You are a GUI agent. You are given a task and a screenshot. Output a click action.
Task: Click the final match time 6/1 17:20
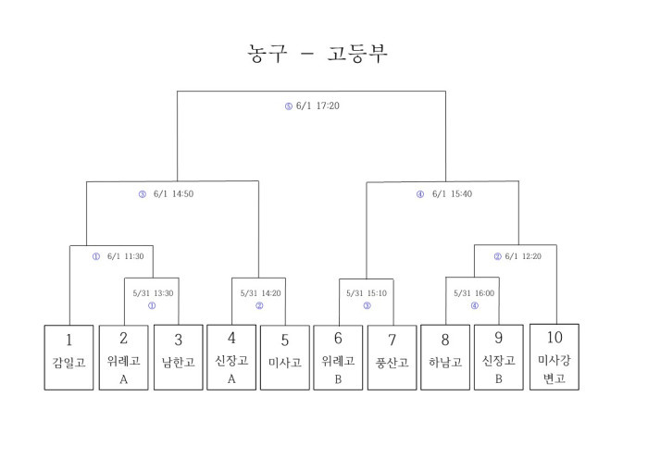[318, 106]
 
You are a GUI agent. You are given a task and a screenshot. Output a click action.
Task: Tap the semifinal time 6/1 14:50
[173, 194]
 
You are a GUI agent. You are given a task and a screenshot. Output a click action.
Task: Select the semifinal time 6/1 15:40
[452, 194]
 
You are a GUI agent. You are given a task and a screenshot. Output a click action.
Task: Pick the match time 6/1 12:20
[524, 256]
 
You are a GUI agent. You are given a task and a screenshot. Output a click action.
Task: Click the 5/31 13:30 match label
[151, 292]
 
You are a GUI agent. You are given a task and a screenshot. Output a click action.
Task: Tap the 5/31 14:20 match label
[259, 292]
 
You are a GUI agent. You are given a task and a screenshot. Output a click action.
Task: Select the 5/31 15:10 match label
[367, 292]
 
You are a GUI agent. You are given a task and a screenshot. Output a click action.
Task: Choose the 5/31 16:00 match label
[474, 292]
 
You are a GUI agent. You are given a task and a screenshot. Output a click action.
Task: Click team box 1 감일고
[69, 356]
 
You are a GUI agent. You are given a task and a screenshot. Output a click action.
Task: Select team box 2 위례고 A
[123, 356]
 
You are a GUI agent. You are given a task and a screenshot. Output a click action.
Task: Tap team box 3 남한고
[177, 356]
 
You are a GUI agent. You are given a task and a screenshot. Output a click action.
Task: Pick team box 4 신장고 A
[231, 356]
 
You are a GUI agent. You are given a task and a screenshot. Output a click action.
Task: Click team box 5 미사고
[285, 356]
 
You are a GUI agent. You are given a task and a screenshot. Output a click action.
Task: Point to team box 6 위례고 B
[339, 356]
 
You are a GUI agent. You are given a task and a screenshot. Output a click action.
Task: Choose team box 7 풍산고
[393, 356]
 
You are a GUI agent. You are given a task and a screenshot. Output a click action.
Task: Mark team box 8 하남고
[446, 356]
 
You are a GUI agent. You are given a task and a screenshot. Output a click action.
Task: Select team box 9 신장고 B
[500, 356]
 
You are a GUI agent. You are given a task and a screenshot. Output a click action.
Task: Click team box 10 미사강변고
[555, 356]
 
